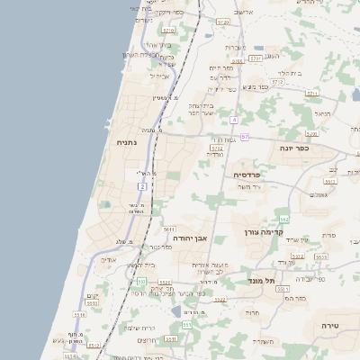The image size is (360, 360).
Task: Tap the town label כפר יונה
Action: tap(294, 148)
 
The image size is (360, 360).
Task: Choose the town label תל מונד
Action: tap(261, 281)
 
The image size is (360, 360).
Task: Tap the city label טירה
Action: tap(330, 323)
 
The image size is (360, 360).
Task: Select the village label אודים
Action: tap(109, 260)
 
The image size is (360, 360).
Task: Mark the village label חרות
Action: tap(254, 314)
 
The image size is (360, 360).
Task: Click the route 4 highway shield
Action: tap(233, 119)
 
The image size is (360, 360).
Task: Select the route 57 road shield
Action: tap(244, 136)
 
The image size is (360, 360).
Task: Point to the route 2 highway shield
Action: tap(142, 185)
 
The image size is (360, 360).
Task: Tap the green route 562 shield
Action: tap(283, 219)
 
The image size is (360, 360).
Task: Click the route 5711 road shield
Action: tap(312, 93)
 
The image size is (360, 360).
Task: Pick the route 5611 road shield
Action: tap(169, 229)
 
